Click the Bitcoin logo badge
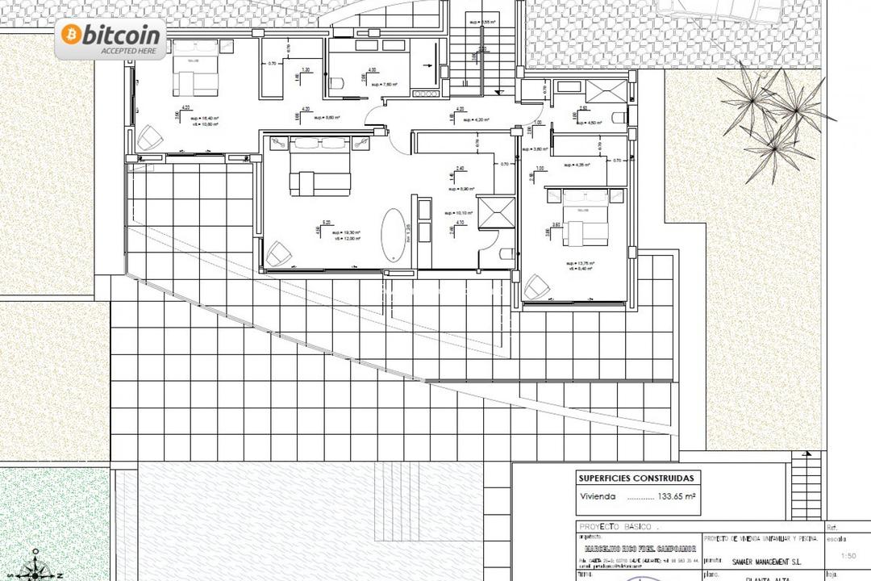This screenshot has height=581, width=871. tap(110, 40)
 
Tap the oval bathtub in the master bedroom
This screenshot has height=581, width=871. tap(394, 235)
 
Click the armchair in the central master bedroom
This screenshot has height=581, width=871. tap(278, 253)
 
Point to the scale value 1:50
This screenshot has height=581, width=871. tap(848, 555)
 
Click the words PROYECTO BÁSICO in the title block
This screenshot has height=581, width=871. tap(612, 525)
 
